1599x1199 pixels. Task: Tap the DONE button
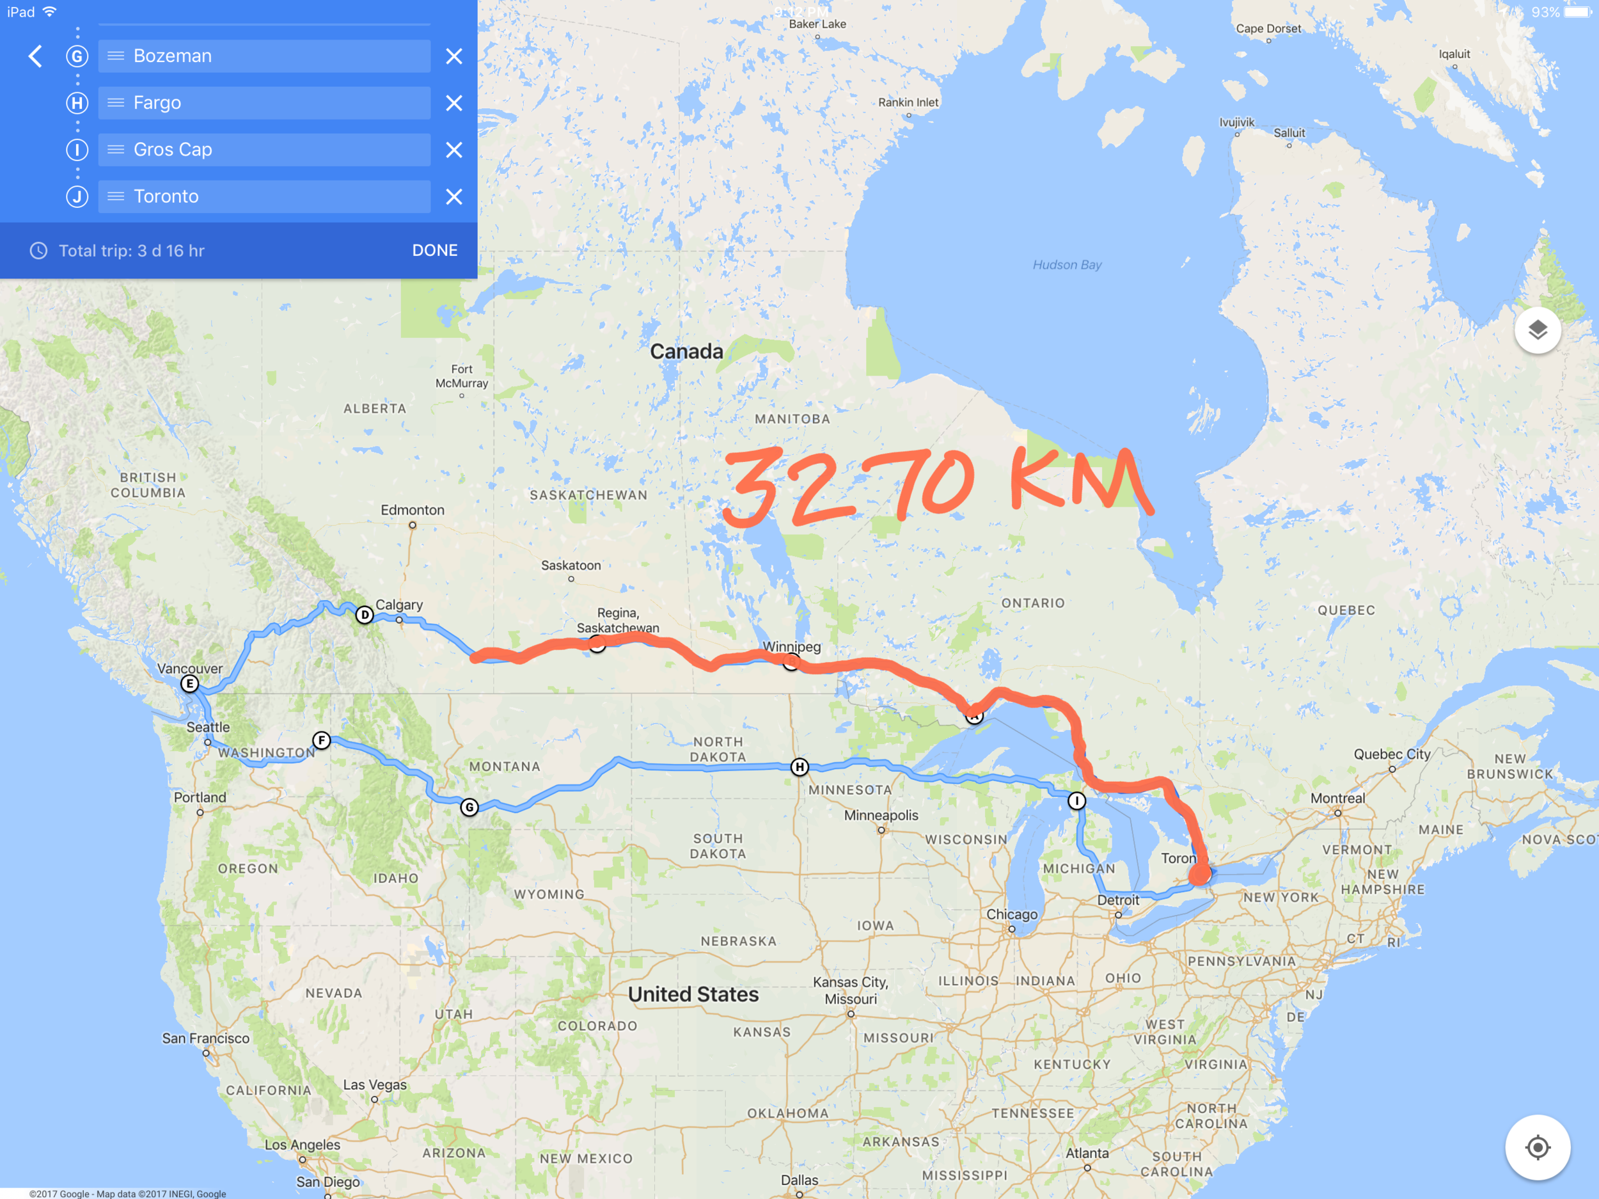click(x=434, y=250)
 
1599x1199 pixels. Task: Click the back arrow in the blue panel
click(x=35, y=56)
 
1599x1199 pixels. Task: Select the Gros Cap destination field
click(x=265, y=150)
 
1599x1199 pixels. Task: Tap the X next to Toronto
click(x=454, y=196)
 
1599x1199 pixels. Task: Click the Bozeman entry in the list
click(x=265, y=56)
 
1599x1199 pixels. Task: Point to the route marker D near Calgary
click(x=365, y=615)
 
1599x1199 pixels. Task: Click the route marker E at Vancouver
click(x=189, y=684)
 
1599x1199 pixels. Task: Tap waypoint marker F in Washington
click(x=322, y=740)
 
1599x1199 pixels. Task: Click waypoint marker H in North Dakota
click(x=799, y=767)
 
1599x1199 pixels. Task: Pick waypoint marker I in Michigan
click(x=1076, y=801)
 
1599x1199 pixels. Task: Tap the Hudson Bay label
click(x=1067, y=265)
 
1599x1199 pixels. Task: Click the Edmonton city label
click(x=413, y=511)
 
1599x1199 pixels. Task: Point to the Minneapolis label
click(x=881, y=816)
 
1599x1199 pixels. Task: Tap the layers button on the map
click(x=1538, y=331)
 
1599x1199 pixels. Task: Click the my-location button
click(x=1538, y=1148)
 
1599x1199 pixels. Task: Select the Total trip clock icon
click(x=38, y=251)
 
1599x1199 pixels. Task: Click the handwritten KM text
click(x=1077, y=481)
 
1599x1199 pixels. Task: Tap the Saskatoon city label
click(x=571, y=566)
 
